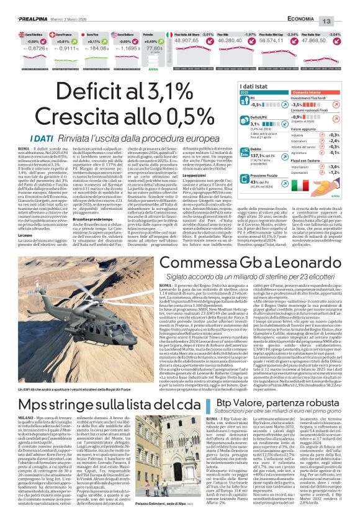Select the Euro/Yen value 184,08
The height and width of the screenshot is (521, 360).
[100, 48]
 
